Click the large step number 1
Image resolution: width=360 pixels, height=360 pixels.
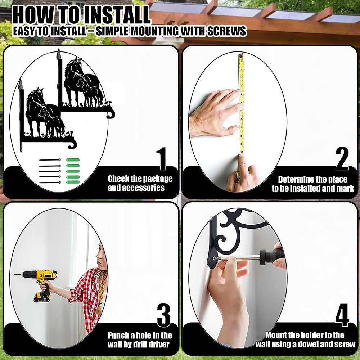point(162,159)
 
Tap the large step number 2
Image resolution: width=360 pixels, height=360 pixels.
point(342,159)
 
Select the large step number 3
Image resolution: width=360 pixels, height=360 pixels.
point(164,315)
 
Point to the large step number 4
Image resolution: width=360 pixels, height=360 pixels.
point(342,315)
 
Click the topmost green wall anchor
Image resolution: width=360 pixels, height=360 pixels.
point(73,160)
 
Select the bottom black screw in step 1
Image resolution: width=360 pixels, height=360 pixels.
point(50,183)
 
